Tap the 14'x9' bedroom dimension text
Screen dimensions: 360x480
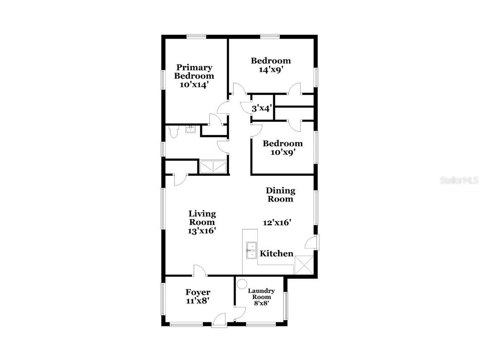pyautogui.click(x=270, y=70)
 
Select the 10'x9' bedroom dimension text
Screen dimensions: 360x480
pyautogui.click(x=283, y=153)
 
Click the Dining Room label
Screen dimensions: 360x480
pyautogui.click(x=280, y=195)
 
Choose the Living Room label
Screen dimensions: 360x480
pyautogui.click(x=202, y=218)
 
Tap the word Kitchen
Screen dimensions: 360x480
pyautogui.click(x=277, y=253)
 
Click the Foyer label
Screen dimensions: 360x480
pyautogui.click(x=198, y=292)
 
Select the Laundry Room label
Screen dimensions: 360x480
pyautogui.click(x=261, y=294)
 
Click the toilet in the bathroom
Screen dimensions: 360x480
pyautogui.click(x=174, y=132)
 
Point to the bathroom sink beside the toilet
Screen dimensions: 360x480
pyautogui.click(x=190, y=129)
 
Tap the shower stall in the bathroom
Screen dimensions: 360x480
pyautogui.click(x=213, y=167)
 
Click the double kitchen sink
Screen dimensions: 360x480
pyautogui.click(x=252, y=250)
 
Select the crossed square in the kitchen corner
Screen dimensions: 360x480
pyautogui.click(x=304, y=264)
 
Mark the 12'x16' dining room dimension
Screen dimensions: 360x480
pyautogui.click(x=277, y=223)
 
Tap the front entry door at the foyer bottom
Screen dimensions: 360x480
pyautogui.click(x=219, y=323)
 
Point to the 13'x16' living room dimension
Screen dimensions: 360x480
pyautogui.click(x=202, y=230)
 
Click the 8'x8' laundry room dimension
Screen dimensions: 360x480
pyautogui.click(x=261, y=303)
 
